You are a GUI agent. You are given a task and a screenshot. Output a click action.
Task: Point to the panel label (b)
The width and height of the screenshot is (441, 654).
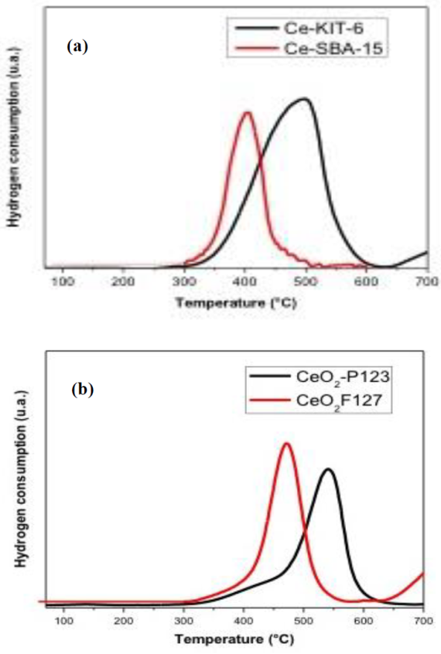click(81, 389)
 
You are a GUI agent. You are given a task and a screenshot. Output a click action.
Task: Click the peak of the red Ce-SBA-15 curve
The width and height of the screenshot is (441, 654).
click(248, 113)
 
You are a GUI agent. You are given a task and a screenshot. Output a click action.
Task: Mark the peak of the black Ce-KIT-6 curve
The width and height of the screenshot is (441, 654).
click(306, 99)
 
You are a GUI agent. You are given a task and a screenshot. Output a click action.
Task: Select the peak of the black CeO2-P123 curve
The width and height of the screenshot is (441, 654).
click(329, 469)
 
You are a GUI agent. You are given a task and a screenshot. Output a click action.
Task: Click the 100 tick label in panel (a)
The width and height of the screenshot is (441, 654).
click(63, 283)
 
